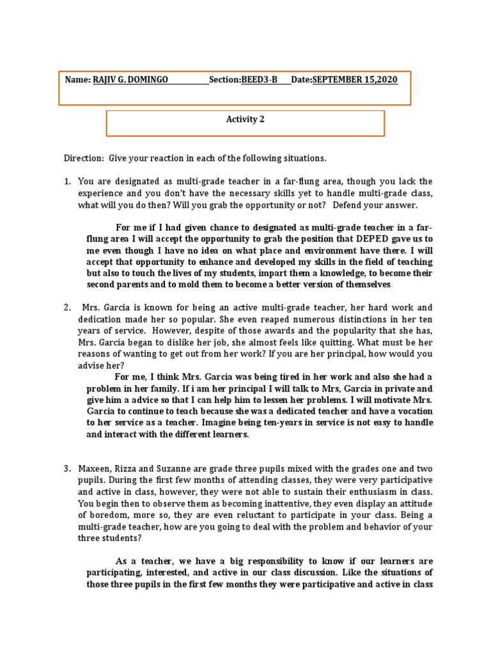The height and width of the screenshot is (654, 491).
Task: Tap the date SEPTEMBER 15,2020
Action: (355, 79)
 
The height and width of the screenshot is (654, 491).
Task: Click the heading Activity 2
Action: (245, 119)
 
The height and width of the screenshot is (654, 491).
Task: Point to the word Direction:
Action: (83, 158)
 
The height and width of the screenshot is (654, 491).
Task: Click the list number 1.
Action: (67, 181)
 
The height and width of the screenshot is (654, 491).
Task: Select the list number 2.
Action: (67, 307)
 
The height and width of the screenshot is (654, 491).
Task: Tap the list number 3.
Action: (67, 469)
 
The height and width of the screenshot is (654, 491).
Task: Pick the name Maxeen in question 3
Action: (95, 469)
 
